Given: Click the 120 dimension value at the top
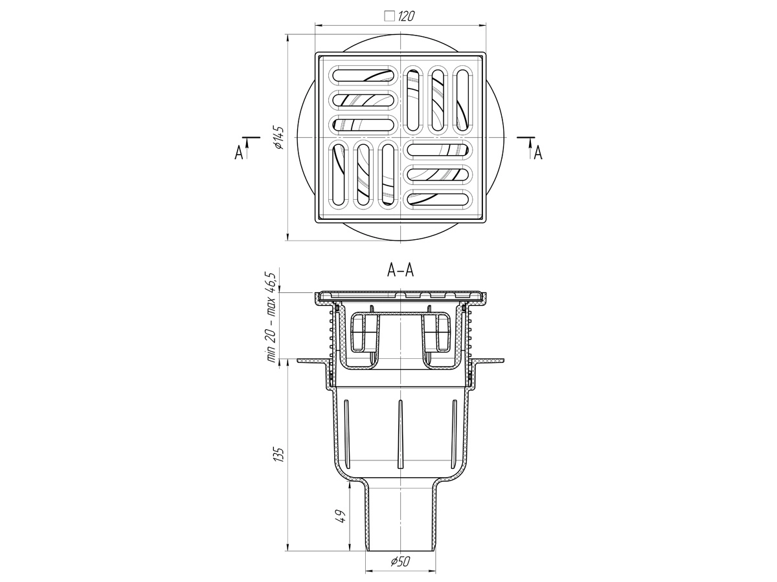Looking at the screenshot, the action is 406,16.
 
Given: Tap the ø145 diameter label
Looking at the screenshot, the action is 279,137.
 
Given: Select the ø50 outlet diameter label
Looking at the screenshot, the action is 400,561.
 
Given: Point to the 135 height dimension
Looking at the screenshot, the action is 279,455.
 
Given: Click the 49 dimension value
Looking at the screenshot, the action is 340,516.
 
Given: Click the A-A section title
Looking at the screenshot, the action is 400,271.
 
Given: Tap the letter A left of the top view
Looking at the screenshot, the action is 239,153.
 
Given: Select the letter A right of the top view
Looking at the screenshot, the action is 538,153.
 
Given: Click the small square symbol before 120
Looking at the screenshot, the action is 390,16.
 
